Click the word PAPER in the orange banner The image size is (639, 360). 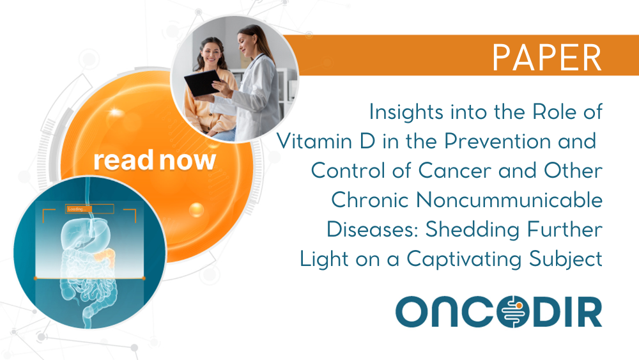pos(547,58)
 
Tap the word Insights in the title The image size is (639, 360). pos(406,112)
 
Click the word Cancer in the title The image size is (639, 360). pos(454,171)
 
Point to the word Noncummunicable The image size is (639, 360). pos(509,200)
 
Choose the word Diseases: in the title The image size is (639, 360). pos(373,229)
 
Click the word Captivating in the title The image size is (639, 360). pos(464,260)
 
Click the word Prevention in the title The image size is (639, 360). pos(497,141)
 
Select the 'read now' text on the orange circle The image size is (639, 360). pos(155,160)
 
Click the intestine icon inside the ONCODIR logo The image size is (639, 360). pos(513,312)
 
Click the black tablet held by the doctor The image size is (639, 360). pos(202,82)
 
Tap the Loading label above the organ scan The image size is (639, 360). pos(77,209)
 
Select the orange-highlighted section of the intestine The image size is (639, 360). pos(104,256)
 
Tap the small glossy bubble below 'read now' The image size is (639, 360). pos(196,210)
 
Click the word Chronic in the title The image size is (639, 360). pos(369,200)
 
